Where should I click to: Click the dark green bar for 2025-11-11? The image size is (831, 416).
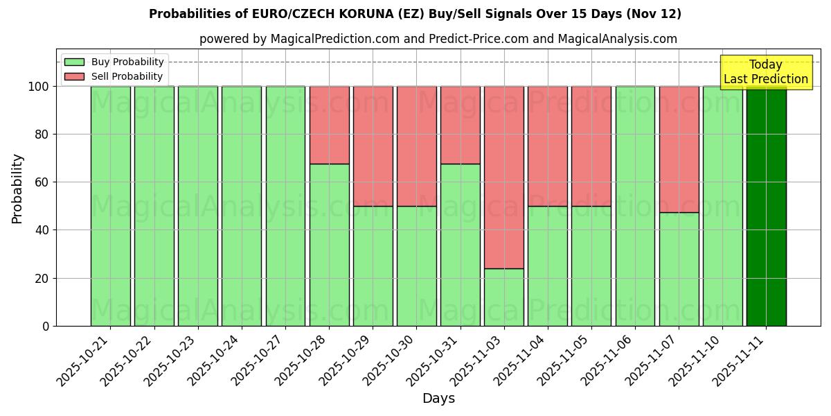[x=766, y=206]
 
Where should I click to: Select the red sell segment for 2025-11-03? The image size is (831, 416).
[x=504, y=177]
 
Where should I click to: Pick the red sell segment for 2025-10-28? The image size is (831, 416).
[x=329, y=125]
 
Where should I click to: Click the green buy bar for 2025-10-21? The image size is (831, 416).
[x=110, y=206]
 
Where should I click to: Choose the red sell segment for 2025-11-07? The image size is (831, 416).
[x=679, y=149]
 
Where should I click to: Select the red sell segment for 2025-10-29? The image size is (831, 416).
[x=373, y=146]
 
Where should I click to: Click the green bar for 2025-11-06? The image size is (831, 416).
[x=635, y=206]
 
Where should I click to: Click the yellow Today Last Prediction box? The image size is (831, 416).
[x=766, y=72]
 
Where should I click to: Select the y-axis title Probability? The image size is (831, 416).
[x=17, y=189]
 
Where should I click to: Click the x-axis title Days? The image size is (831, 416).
[x=438, y=399]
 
